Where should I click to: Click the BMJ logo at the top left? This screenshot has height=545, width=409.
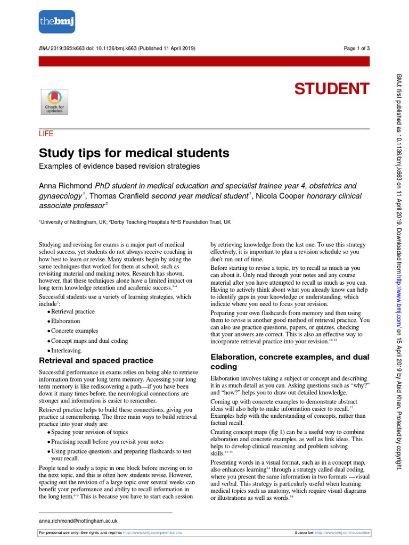pyautogui.click(x=57, y=22)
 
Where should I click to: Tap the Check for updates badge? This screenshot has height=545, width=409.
pyautogui.click(x=54, y=101)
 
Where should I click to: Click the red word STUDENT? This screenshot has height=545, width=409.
pyautogui.click(x=332, y=89)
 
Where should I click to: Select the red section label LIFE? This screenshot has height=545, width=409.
pyautogui.click(x=46, y=134)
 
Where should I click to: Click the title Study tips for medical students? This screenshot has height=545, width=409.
pyautogui.click(x=134, y=153)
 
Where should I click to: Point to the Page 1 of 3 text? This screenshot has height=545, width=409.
pyautogui.click(x=356, y=48)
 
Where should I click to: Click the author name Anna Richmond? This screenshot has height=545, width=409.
pyautogui.click(x=66, y=186)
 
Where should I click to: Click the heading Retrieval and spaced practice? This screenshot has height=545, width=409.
pyautogui.click(x=96, y=360)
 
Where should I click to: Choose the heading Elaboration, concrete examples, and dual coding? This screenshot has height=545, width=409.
pyautogui.click(x=290, y=362)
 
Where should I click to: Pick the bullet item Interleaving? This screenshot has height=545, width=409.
pyautogui.click(x=67, y=351)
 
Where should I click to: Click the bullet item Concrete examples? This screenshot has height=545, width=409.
pyautogui.click(x=75, y=331)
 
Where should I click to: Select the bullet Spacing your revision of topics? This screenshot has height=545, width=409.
pyautogui.click(x=89, y=432)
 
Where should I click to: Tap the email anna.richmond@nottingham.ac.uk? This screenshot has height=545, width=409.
pyautogui.click(x=78, y=521)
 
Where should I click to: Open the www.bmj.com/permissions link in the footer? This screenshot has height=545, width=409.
pyautogui.click(x=153, y=532)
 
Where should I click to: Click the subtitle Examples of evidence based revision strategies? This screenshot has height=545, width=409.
pyautogui.click(x=119, y=166)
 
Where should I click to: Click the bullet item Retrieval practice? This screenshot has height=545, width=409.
pyautogui.click(x=73, y=311)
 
